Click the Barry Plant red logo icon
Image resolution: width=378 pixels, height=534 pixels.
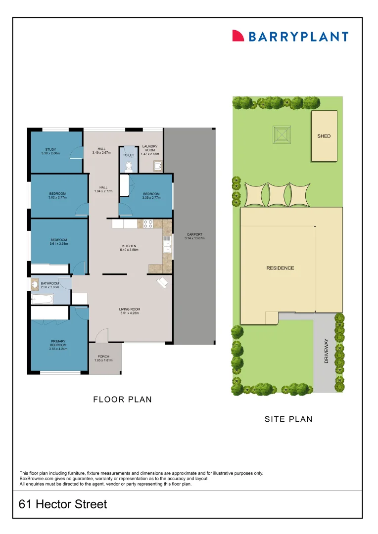coord(238,36)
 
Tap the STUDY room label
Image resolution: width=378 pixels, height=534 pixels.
coord(50,149)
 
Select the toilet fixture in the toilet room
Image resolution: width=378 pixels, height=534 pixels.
coord(130,166)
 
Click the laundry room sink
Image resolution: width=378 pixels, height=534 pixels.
coord(158,166)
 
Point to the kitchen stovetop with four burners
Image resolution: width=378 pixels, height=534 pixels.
coord(148,223)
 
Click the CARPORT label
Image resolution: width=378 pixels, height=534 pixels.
coord(195,234)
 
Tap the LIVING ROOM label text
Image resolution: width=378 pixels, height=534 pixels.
coord(130,310)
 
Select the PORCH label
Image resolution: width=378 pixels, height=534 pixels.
coord(103,356)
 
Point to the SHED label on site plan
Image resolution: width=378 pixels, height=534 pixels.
coord(324,136)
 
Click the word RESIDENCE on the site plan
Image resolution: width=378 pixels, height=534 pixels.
coord(280,268)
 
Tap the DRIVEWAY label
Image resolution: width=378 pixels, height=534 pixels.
coord(327,351)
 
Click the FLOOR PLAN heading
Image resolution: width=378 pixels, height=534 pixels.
coord(122,400)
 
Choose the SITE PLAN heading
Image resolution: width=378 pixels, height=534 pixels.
coord(288,419)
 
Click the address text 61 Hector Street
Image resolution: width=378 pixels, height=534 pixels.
coord(63,504)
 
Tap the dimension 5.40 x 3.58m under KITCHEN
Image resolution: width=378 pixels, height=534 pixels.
coord(130,250)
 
